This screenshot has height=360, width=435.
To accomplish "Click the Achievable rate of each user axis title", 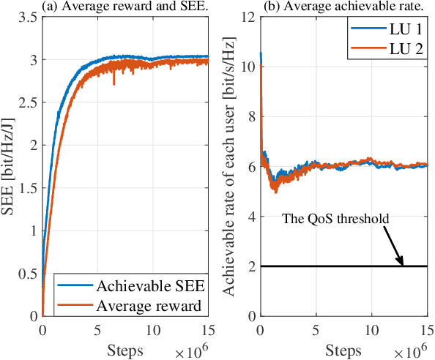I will click(229, 167).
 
